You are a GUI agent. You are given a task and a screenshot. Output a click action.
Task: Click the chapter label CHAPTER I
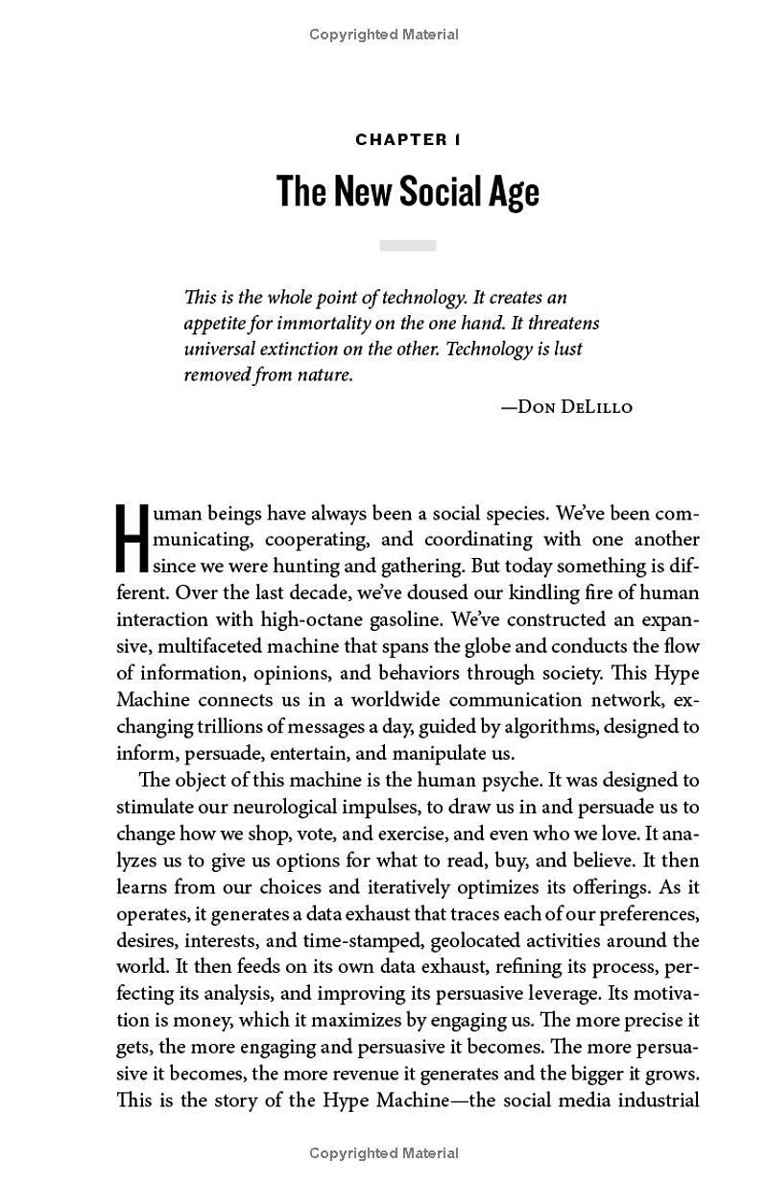(x=408, y=140)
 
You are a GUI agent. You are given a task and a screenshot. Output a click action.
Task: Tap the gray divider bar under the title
(x=408, y=246)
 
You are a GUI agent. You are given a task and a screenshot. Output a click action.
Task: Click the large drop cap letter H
(x=132, y=540)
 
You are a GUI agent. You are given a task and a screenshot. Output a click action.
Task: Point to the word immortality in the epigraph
(x=316, y=324)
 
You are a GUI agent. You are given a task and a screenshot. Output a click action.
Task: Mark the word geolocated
(x=477, y=940)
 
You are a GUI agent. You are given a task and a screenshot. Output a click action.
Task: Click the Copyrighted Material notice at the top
(x=384, y=35)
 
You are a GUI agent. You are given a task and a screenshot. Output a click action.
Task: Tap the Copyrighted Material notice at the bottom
(x=384, y=1153)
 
